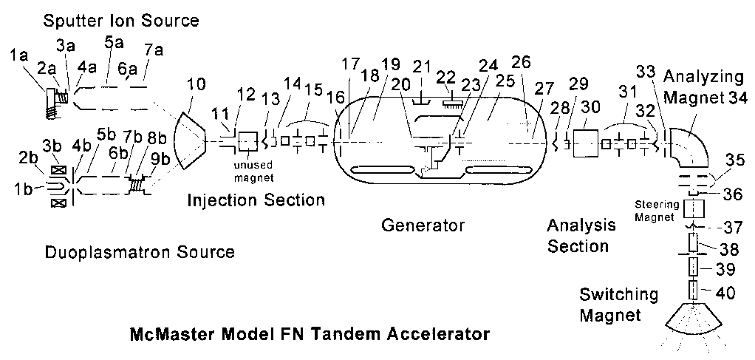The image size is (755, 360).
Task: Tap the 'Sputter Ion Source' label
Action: coord(121,21)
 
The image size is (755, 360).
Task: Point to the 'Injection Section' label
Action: coord(256,200)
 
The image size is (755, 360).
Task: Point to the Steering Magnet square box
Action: coord(693,209)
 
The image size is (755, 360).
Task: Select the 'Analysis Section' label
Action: coord(578,235)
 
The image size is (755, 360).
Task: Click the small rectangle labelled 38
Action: coord(692,242)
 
